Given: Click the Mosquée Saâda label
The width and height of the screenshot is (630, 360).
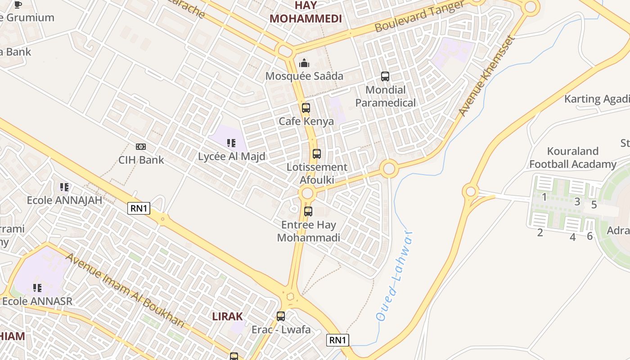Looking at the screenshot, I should pyautogui.click(x=304, y=76).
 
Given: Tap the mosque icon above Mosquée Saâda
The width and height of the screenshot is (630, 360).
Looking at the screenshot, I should pyautogui.click(x=304, y=63).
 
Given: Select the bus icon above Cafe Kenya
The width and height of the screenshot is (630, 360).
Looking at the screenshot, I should pyautogui.click(x=306, y=108).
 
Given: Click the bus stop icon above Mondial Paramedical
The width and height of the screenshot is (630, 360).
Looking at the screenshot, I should pyautogui.click(x=385, y=76).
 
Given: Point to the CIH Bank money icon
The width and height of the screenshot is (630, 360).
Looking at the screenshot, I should pyautogui.click(x=141, y=147).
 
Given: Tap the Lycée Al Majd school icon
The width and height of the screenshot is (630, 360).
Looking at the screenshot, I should pyautogui.click(x=231, y=143).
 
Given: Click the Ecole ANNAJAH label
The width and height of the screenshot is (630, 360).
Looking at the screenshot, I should pyautogui.click(x=65, y=200).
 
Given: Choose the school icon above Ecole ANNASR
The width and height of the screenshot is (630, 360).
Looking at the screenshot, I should pyautogui.click(x=37, y=288).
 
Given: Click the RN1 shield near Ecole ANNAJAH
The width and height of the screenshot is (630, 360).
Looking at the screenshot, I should pyautogui.click(x=139, y=208).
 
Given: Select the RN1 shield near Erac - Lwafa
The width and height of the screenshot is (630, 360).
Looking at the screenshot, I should pyautogui.click(x=337, y=340).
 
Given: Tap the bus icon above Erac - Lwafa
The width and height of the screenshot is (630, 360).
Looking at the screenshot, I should pyautogui.click(x=281, y=316).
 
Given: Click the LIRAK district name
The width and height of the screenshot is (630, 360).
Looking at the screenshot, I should pyautogui.click(x=228, y=316).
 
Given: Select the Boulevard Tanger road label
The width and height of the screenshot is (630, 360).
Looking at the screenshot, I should pyautogui.click(x=419, y=17).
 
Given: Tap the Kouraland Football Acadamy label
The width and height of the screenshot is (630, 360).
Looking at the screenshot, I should pyautogui.click(x=572, y=157).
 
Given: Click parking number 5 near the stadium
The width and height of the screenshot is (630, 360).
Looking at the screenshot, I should pyautogui.click(x=594, y=205).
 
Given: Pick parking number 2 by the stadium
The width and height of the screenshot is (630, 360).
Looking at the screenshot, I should pyautogui.click(x=540, y=233).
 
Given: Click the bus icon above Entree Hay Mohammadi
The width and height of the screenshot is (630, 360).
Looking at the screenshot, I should pyautogui.click(x=308, y=211).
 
